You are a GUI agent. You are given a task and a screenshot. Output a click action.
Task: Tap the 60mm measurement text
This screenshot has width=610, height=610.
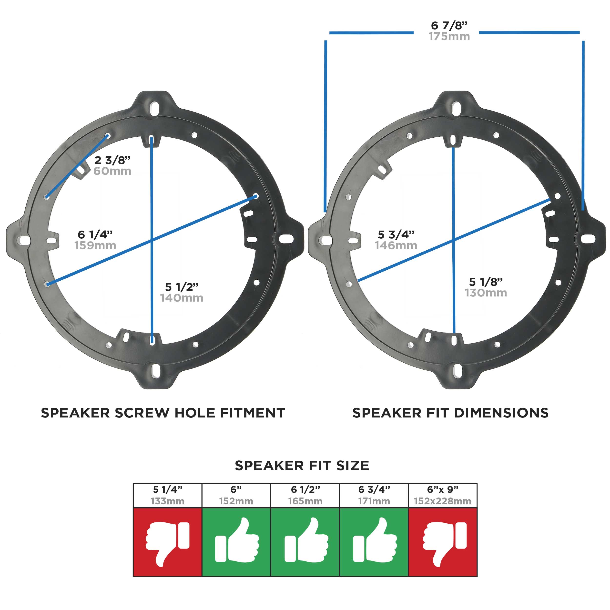(112, 171)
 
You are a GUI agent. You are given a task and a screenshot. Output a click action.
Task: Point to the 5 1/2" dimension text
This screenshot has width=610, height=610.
(182, 287)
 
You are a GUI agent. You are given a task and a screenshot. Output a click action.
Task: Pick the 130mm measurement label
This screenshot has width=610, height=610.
(486, 293)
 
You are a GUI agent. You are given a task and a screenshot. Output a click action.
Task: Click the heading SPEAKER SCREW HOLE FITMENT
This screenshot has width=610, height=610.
(163, 413)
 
